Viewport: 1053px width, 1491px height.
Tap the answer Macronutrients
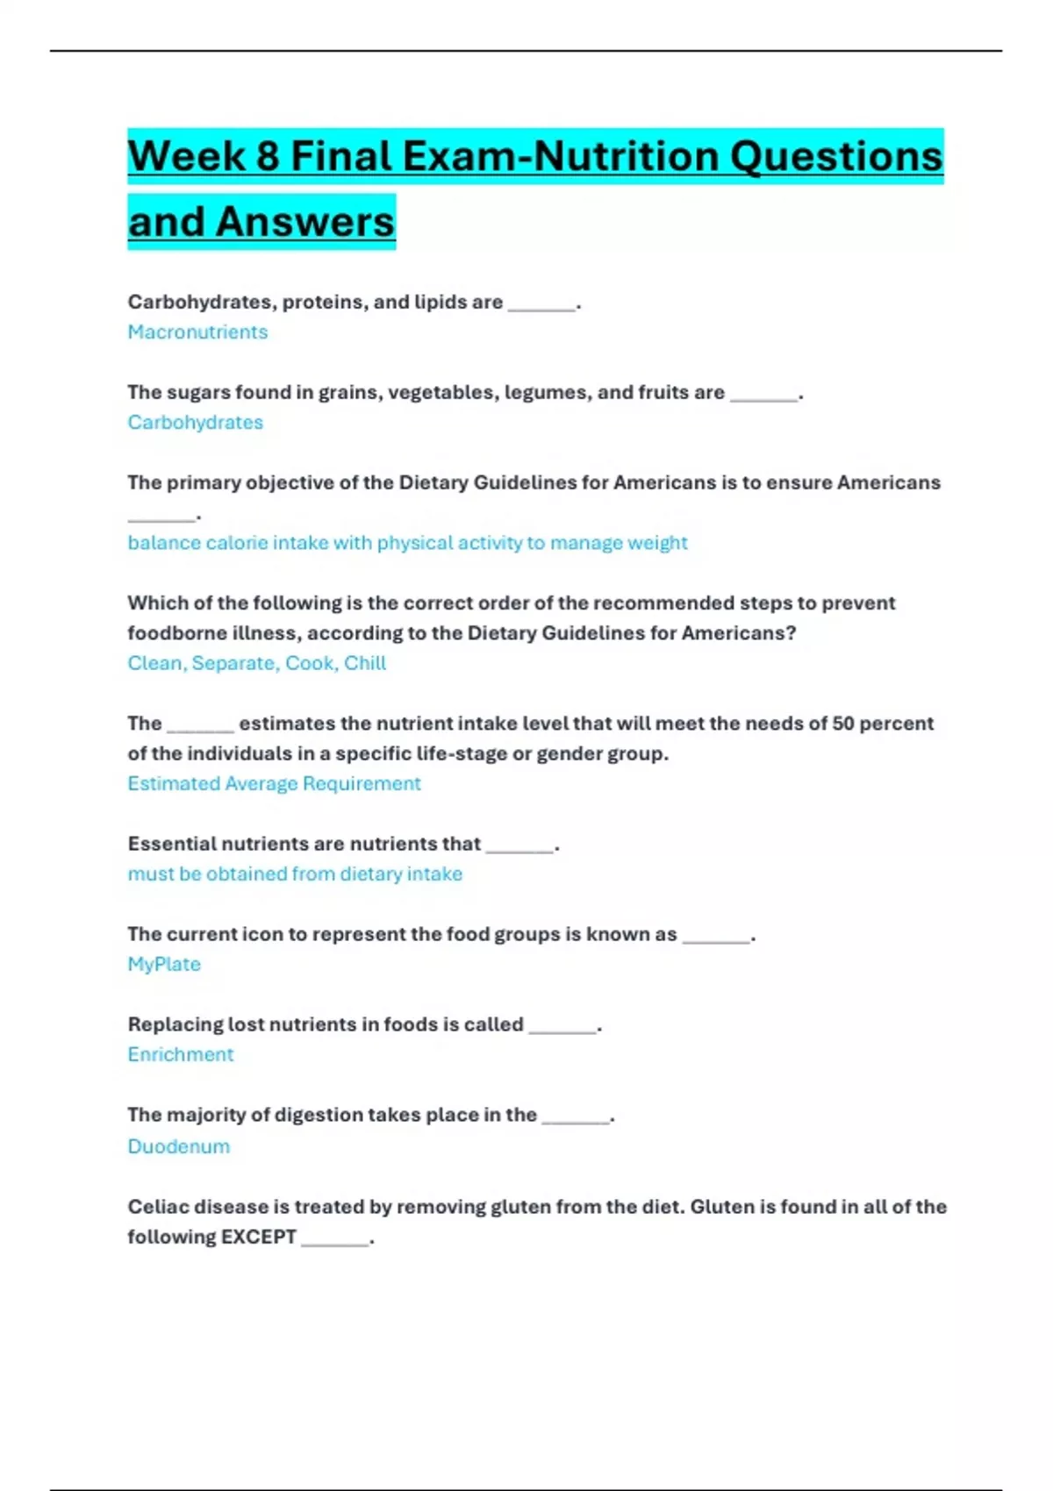(197, 332)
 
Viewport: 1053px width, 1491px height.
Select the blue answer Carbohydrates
(195, 423)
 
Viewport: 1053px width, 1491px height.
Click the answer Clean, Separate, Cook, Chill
(256, 663)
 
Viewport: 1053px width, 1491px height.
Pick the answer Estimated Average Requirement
(274, 783)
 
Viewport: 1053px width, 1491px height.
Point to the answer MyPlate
(164, 964)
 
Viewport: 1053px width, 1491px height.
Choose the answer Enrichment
(181, 1054)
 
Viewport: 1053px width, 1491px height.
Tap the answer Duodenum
(178, 1146)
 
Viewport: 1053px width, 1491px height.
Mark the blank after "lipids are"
(541, 304)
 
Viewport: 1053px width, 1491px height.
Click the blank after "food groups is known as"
(716, 937)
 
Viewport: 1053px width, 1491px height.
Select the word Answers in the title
(305, 222)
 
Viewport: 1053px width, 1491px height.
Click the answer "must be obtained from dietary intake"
(295, 874)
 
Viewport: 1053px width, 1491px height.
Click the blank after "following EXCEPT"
(334, 1239)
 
